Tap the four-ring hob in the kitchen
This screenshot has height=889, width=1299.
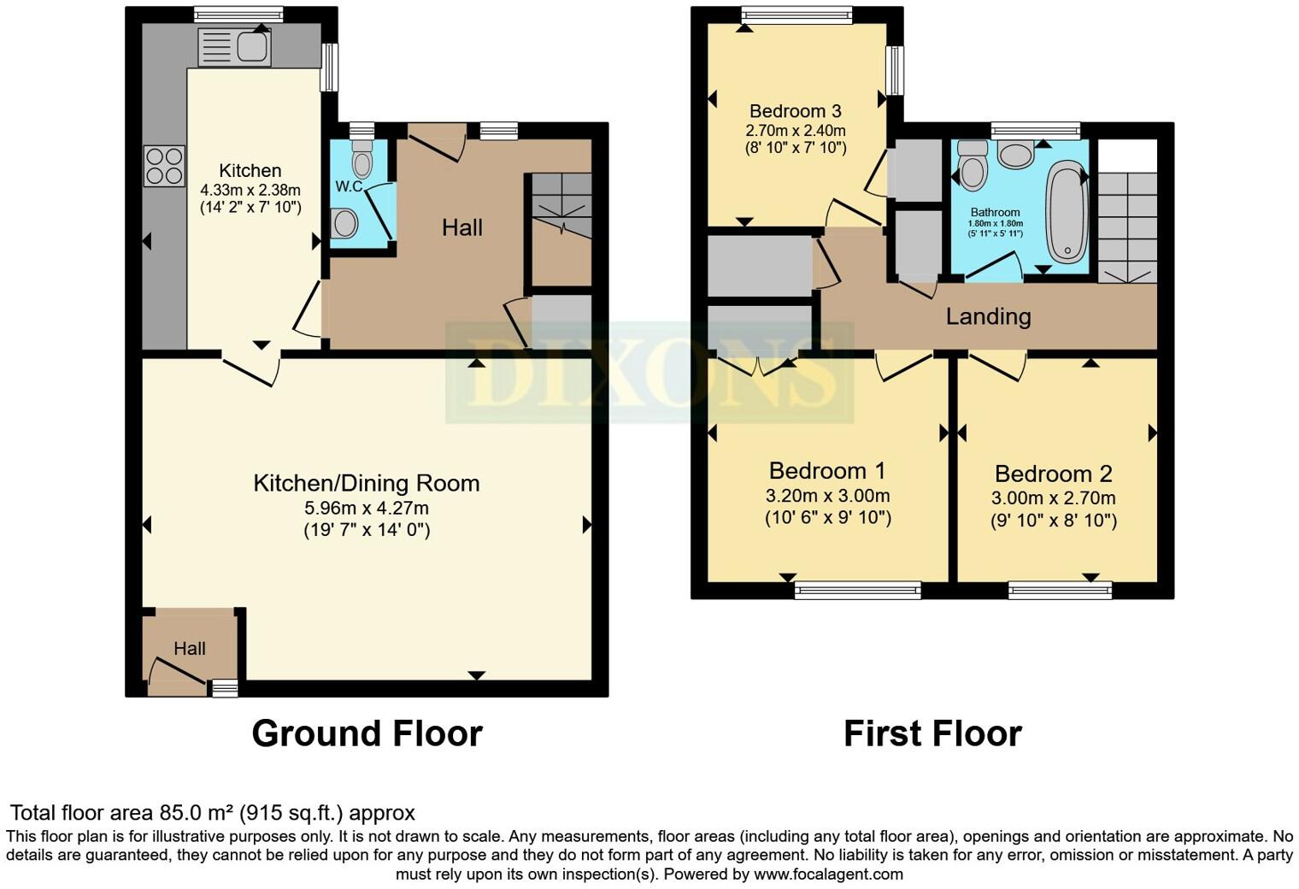click(x=164, y=166)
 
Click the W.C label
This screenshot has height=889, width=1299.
click(x=349, y=185)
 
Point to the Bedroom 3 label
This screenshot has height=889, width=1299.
click(x=795, y=111)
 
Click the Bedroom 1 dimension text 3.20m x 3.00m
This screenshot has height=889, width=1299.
click(x=827, y=496)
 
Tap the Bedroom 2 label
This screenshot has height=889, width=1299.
click(x=1053, y=474)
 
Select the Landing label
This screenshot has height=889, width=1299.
click(x=988, y=316)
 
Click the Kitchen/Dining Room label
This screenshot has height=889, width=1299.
click(x=367, y=483)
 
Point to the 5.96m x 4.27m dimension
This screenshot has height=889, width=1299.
click(x=367, y=508)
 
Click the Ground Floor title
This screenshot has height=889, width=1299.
click(x=367, y=733)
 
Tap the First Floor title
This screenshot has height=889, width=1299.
click(x=932, y=733)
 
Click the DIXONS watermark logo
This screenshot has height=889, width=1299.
click(x=649, y=373)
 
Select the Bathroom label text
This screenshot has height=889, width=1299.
click(x=995, y=212)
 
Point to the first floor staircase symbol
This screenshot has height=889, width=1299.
click(x=1126, y=227)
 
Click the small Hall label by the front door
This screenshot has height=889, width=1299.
click(x=190, y=649)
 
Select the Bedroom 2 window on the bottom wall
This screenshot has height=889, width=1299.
click(x=1060, y=589)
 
